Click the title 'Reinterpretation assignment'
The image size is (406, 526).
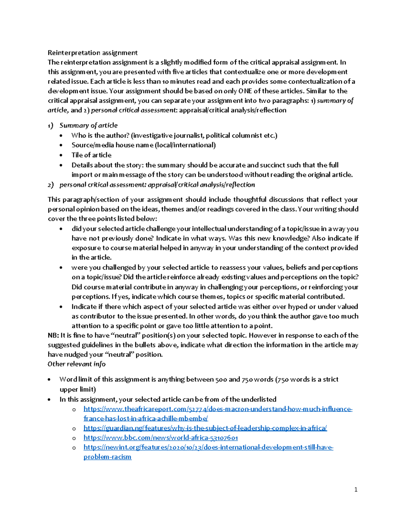pyautogui.click(x=92, y=53)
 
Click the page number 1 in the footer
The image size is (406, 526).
pyautogui.click(x=356, y=489)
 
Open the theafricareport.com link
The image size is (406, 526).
pyautogui.click(x=218, y=409)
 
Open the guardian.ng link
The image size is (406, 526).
pyautogui.click(x=205, y=428)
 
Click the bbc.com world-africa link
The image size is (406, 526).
pyautogui.click(x=161, y=438)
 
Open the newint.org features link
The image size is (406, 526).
pyautogui.click(x=208, y=447)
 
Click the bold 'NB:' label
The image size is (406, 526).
pyautogui.click(x=53, y=336)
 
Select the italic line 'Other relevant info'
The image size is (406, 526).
pyautogui.click(x=76, y=364)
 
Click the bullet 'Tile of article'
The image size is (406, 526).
pyautogui.click(x=91, y=155)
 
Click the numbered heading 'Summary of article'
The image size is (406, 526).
pyautogui.click(x=88, y=126)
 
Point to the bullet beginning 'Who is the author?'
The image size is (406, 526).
pyautogui.click(x=174, y=135)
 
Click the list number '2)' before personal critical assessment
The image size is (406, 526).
pyautogui.click(x=51, y=185)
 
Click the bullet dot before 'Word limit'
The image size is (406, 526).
pyautogui.click(x=50, y=380)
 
